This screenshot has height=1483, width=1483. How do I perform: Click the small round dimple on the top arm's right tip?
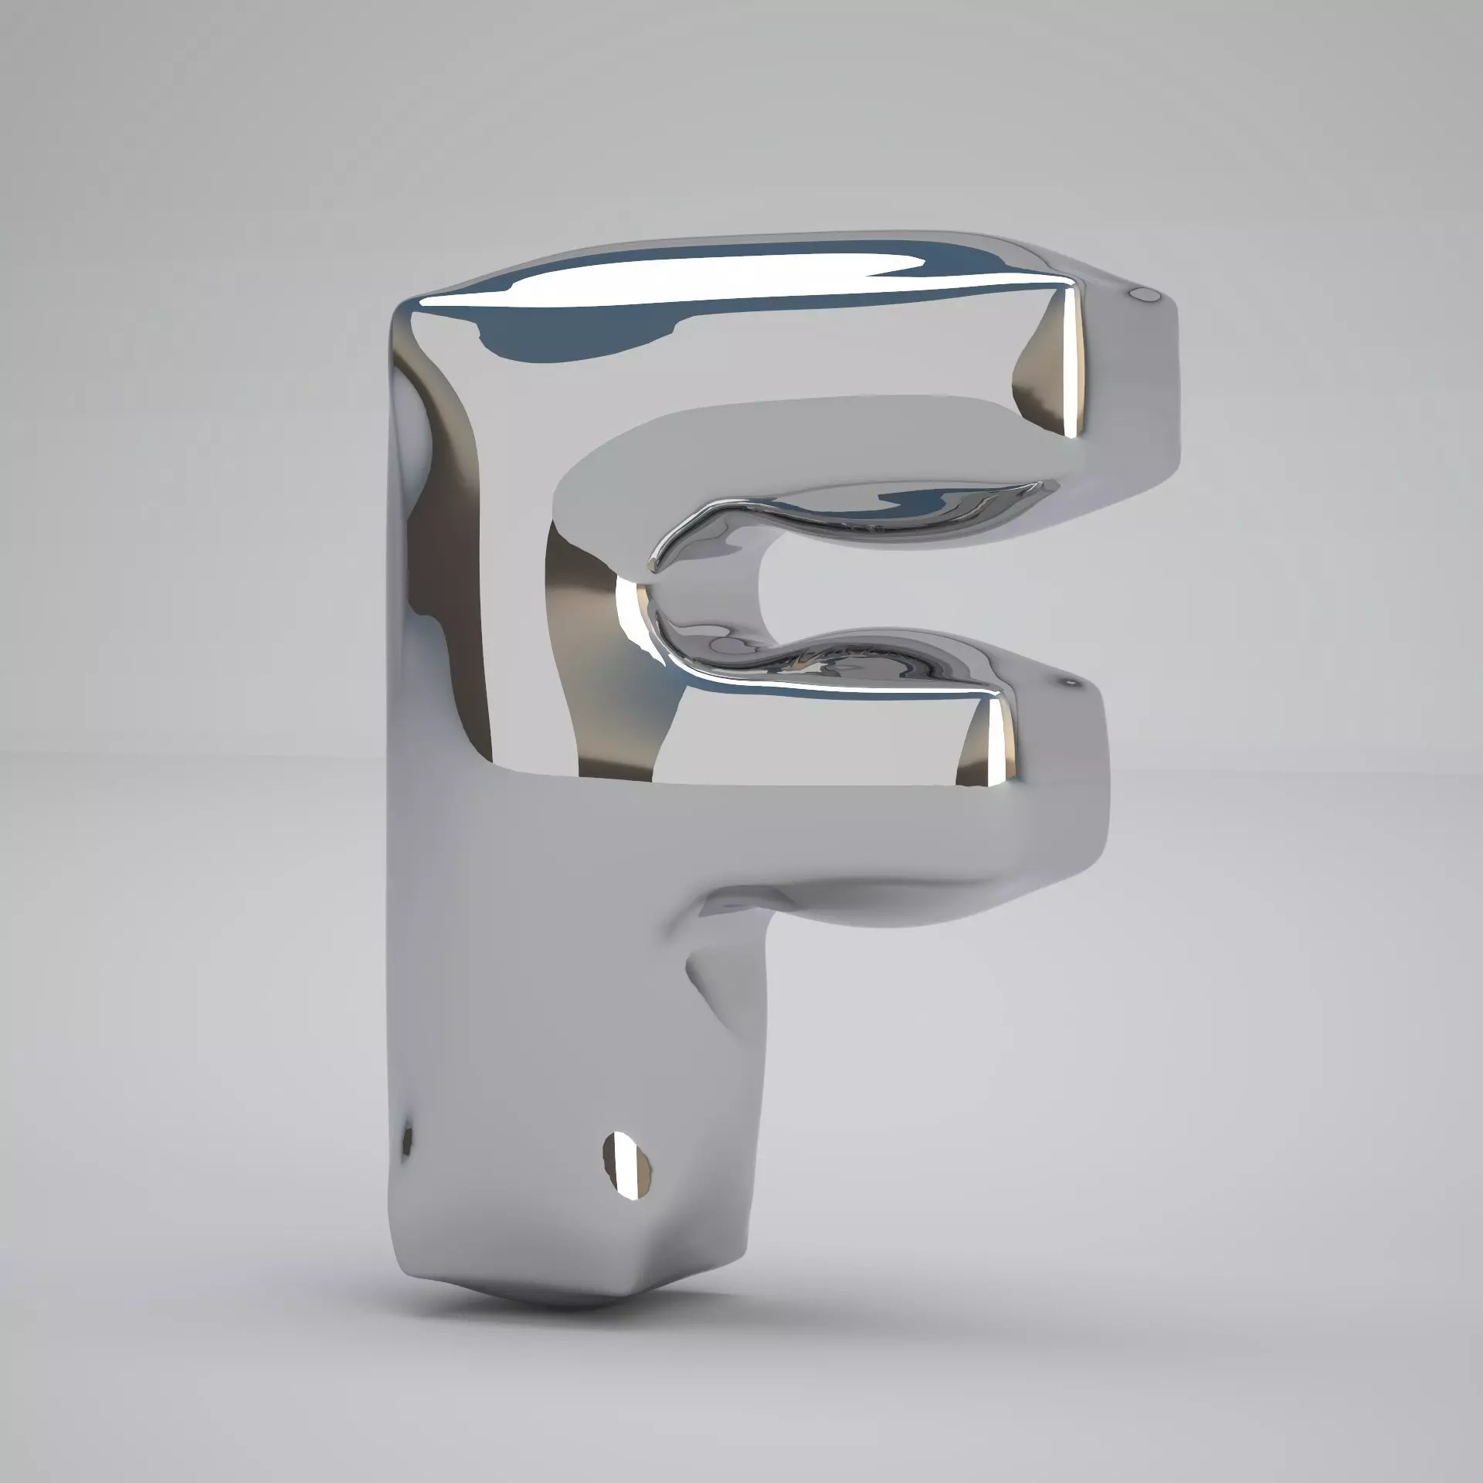[x=1144, y=294]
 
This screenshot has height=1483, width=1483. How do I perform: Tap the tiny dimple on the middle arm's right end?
[x=1071, y=682]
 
